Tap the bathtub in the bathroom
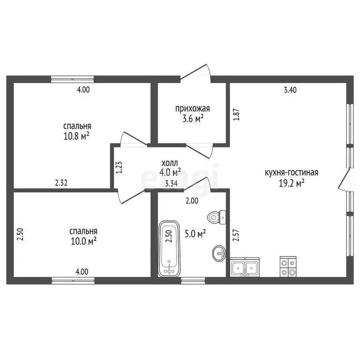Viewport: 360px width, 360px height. [169, 248]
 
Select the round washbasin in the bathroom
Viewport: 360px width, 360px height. [219, 253]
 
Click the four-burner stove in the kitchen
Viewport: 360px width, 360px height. [288, 267]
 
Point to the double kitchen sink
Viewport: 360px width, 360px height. [245, 267]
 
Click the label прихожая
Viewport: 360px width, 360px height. [192, 108]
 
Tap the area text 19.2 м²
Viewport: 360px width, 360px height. [292, 183]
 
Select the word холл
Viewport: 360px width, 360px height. [170, 163]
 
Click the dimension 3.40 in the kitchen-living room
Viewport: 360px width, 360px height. [290, 90]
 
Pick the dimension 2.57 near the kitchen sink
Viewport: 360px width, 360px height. [236, 235]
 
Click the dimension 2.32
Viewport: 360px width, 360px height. [61, 183]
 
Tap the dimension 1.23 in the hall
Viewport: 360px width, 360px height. [119, 168]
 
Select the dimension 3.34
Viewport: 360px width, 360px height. [171, 183]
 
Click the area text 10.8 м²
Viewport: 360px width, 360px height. [76, 136]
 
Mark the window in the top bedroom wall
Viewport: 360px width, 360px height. [72, 79]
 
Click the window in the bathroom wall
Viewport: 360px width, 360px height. [193, 281]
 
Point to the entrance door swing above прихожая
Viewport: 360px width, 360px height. [195, 74]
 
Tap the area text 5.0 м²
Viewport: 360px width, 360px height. [195, 234]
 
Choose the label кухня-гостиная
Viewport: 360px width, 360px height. [292, 172]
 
